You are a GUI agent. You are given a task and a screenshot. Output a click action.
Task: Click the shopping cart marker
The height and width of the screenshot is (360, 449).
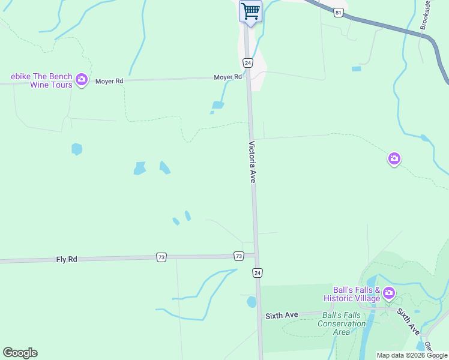pyautogui.click(x=250, y=11)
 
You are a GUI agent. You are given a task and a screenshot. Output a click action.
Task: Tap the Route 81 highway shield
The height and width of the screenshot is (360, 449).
pyautogui.click(x=339, y=13)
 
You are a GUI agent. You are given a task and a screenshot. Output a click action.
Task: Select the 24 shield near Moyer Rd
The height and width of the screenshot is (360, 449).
pyautogui.click(x=247, y=62)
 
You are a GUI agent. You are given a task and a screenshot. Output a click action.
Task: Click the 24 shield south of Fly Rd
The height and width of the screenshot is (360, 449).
pyautogui.click(x=257, y=273)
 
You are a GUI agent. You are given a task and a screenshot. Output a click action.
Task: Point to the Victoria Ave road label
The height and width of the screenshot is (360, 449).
pyautogui.click(x=253, y=162)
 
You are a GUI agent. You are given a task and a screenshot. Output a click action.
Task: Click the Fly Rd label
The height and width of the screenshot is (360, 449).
pyautogui.click(x=67, y=259)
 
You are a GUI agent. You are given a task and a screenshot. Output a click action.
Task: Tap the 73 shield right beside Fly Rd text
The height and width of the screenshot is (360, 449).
pyautogui.click(x=161, y=257)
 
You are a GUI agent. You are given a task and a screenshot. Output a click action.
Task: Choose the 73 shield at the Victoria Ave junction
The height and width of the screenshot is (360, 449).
pyautogui.click(x=239, y=256)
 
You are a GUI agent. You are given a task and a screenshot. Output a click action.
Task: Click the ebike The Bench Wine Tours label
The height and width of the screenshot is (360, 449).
pyautogui.click(x=41, y=80)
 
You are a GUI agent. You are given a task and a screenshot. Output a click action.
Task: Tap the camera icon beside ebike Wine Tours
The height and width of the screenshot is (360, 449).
pyautogui.click(x=82, y=79)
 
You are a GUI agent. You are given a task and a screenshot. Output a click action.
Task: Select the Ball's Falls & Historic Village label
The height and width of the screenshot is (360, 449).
pyautogui.click(x=352, y=294)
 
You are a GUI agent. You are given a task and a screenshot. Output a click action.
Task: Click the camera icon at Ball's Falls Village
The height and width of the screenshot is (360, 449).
pyautogui.click(x=389, y=293)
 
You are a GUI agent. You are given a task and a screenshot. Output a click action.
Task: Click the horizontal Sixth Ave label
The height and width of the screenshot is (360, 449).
pyautogui.click(x=282, y=315)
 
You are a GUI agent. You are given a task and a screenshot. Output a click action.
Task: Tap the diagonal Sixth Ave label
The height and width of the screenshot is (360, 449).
pyautogui.click(x=407, y=321)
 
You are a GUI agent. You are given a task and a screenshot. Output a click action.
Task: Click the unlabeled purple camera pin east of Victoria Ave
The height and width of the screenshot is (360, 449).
pyautogui.click(x=394, y=159)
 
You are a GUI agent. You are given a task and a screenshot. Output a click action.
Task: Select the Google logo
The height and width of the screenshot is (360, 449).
pyautogui.click(x=20, y=353)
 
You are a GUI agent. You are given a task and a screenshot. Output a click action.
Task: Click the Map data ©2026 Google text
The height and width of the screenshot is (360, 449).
pyautogui.click(x=412, y=355)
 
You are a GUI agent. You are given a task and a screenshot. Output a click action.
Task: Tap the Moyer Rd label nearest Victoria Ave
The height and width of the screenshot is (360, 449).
pyautogui.click(x=228, y=77)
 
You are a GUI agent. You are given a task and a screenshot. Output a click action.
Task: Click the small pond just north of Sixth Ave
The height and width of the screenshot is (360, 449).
pyautogui.click(x=252, y=302)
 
